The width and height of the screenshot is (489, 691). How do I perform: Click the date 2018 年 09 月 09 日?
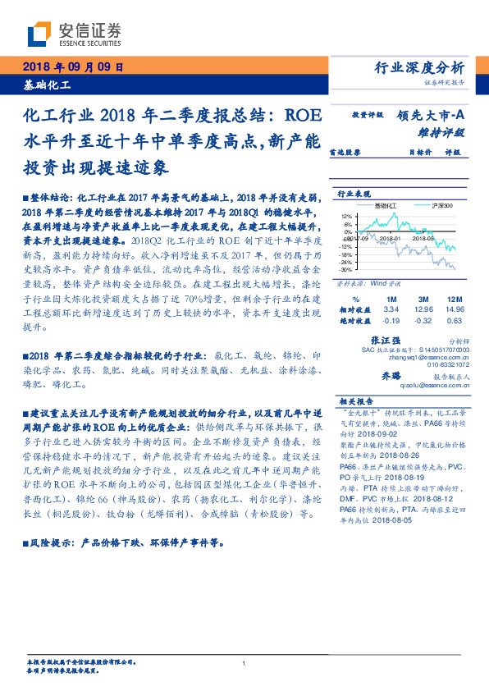pos(72,69)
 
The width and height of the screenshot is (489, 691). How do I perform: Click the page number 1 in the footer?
pos(244,664)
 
